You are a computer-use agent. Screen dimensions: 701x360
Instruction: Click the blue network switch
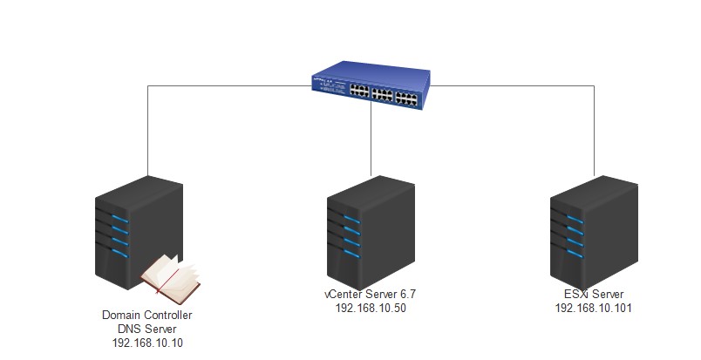point(371,87)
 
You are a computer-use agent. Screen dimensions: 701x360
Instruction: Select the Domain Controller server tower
point(139,233)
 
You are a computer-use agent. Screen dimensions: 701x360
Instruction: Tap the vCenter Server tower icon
point(371,233)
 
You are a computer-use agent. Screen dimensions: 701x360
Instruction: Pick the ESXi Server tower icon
point(594,233)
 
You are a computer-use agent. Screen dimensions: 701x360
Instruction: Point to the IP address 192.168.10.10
point(147,343)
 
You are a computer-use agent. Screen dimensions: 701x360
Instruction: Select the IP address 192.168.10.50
point(371,308)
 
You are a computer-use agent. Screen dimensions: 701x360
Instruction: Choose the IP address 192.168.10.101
point(594,308)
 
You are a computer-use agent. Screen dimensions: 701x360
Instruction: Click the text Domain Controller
point(147,315)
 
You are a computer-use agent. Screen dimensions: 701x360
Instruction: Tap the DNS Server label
point(147,329)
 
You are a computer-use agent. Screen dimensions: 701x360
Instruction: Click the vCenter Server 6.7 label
point(371,295)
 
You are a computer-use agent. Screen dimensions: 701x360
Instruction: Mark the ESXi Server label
point(594,295)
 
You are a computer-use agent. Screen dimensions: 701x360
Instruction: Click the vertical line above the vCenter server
point(371,141)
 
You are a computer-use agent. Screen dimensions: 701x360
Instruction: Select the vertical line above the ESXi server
point(594,131)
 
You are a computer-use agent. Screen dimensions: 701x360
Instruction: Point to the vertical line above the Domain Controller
point(148,130)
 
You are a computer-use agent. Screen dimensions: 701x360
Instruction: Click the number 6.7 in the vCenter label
point(408,295)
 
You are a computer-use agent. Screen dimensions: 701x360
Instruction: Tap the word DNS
point(129,329)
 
